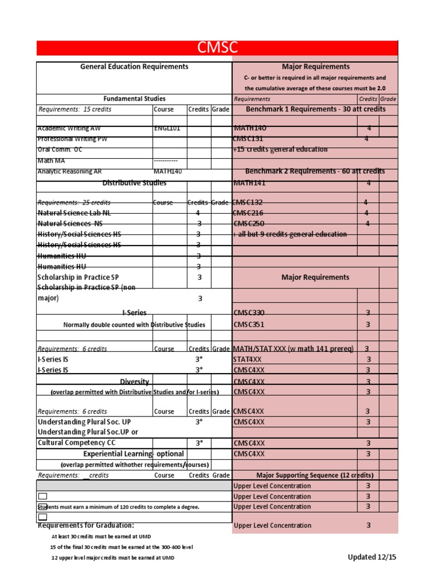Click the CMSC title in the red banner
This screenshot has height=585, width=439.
[217, 48]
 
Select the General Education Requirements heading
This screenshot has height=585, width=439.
[134, 67]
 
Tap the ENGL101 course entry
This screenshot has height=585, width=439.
[167, 129]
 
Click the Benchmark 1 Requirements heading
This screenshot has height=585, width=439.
[316, 109]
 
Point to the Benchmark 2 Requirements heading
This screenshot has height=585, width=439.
[315, 171]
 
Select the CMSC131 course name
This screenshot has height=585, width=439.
[249, 139]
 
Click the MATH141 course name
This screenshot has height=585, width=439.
[249, 183]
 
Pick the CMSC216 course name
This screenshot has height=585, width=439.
[249, 213]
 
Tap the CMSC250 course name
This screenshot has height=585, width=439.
[249, 224]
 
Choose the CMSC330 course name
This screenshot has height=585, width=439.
[249, 313]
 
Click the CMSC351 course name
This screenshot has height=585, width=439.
[249, 324]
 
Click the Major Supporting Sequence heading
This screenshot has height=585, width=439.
[315, 475]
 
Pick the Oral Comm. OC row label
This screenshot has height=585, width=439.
[59, 150]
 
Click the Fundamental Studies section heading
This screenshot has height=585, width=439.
[134, 99]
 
